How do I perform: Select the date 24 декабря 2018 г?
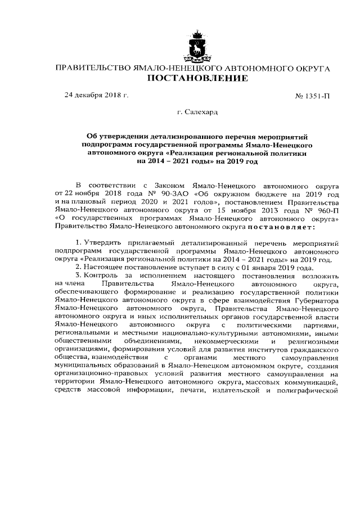point(96,95)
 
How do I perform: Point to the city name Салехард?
point(198,113)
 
